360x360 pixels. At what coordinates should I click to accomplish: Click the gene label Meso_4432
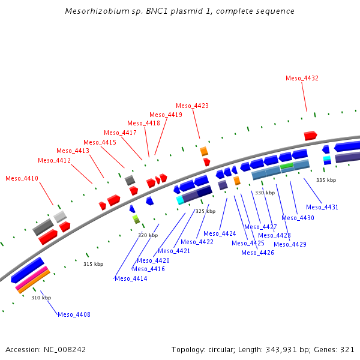click(x=302, y=78)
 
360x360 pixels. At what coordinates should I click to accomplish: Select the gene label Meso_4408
click(x=74, y=314)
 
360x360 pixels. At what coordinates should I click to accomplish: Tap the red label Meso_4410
click(x=22, y=178)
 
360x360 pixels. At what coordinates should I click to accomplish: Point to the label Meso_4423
click(x=192, y=106)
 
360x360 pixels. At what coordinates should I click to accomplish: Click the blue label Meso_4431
click(x=322, y=207)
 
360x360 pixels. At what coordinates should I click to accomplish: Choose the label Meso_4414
click(x=131, y=278)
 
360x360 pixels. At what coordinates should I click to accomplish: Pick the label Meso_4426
click(x=257, y=253)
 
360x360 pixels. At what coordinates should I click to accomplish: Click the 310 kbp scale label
click(x=41, y=298)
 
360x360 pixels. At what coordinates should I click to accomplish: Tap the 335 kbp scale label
click(x=326, y=180)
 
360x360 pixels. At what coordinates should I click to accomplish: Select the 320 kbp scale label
click(x=148, y=235)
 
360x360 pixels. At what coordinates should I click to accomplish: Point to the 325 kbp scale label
click(x=205, y=211)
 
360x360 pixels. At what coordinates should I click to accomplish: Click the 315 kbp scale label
click(x=93, y=264)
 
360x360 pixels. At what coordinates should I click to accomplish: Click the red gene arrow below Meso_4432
click(x=310, y=136)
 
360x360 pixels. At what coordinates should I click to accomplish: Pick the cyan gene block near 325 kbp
click(x=180, y=200)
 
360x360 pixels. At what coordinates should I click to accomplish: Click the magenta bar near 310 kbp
click(x=31, y=280)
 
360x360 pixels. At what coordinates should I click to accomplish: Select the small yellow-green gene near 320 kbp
click(x=136, y=219)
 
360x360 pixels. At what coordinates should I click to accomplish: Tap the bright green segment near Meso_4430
click(x=286, y=165)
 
